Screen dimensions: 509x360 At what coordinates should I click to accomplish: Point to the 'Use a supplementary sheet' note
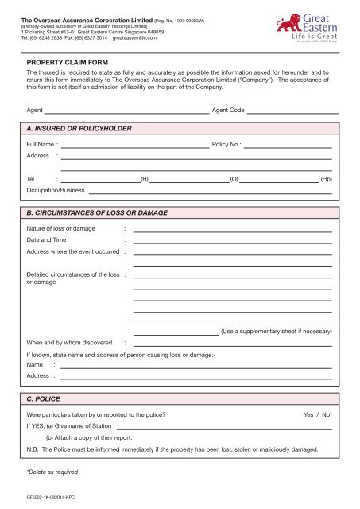[x=276, y=330]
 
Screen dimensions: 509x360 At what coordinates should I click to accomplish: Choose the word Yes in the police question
[x=309, y=416]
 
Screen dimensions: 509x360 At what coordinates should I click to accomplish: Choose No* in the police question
[x=326, y=416]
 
